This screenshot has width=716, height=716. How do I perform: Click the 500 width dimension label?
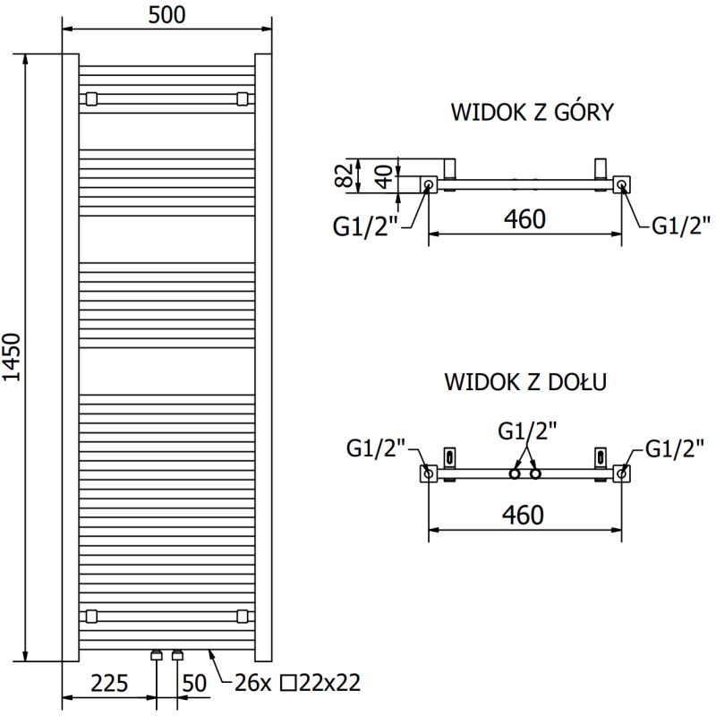166,15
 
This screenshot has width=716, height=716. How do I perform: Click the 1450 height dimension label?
13,359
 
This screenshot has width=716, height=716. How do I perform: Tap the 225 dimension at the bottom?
108,684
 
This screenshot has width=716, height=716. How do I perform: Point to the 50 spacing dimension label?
194,684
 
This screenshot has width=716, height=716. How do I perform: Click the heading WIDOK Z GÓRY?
532,112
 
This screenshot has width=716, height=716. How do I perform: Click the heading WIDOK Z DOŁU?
526,382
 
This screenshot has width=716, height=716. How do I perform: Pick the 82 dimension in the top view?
343,175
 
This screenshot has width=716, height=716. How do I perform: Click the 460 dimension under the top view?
524,219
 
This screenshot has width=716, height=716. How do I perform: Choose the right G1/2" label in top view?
681,226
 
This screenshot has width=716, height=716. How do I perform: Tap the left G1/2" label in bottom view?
376,448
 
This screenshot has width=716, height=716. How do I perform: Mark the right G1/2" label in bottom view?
674,448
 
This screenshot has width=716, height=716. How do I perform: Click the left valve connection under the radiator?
158,655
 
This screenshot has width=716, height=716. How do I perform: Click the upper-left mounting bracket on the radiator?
90,98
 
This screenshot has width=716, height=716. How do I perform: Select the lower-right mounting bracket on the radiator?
243,616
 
